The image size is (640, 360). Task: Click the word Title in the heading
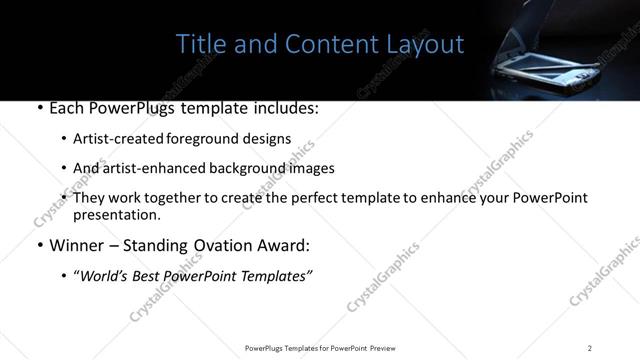(198, 45)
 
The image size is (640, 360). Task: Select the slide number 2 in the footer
(590, 348)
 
